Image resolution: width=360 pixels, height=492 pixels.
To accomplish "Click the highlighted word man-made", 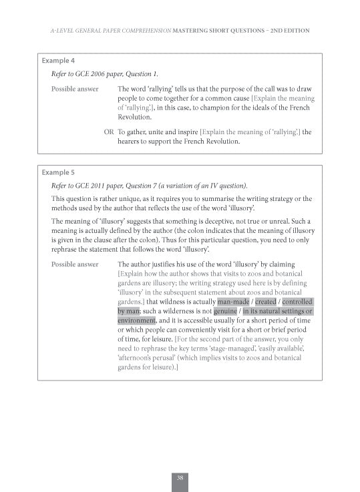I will tap(232, 301).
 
